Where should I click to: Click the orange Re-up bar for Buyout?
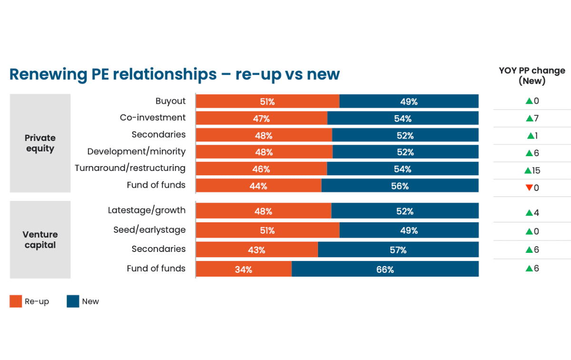267,101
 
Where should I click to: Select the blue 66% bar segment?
385,269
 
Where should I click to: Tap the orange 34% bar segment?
244,269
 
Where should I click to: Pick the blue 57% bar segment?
398,250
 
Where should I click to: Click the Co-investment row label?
153,118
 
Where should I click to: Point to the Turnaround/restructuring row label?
130,168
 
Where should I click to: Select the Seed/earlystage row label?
149,230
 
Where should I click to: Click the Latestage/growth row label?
147,210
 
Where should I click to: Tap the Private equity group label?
40,143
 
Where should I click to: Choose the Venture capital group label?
40,240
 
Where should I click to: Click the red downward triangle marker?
529,188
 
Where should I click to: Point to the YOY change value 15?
536,170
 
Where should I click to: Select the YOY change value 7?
536,119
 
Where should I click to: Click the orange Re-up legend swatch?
16,301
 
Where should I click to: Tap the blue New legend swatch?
73,301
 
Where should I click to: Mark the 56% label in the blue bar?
400,186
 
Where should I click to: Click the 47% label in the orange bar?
262,119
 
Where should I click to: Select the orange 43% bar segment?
256,250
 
